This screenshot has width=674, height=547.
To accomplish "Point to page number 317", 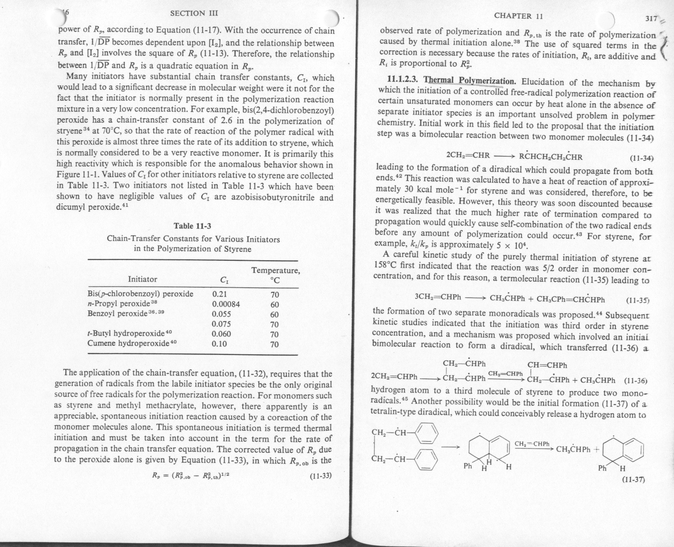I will tap(651, 19).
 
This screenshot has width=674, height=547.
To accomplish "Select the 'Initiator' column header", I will tap(143, 279).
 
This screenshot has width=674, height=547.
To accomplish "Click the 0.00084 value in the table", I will tap(226, 304).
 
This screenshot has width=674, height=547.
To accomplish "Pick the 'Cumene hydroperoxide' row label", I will tap(127, 344).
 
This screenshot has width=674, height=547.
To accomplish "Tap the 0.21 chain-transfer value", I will tap(219, 294).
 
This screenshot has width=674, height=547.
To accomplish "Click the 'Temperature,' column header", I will tap(275, 271).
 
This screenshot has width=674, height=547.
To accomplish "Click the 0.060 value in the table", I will tap(222, 334).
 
